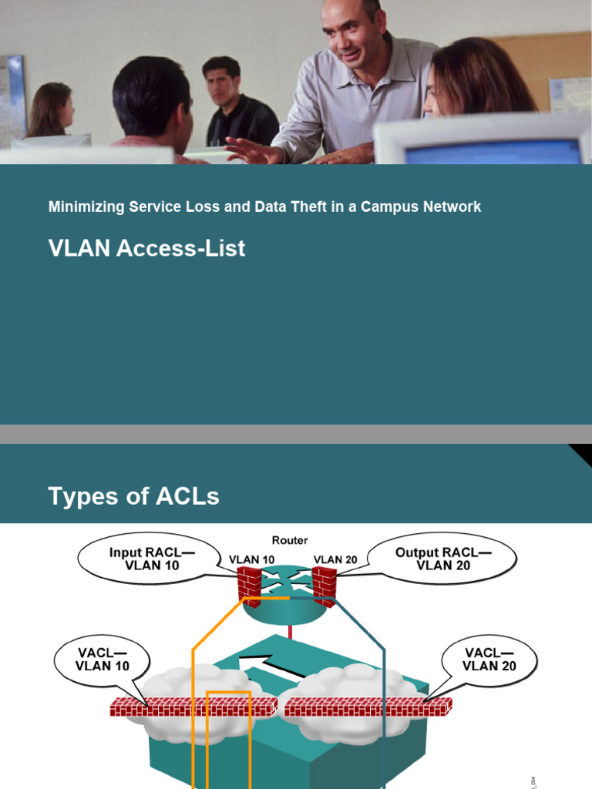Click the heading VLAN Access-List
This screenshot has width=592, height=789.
click(146, 248)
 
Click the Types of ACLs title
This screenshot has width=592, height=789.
click(133, 497)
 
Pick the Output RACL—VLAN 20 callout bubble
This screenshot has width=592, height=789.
click(442, 559)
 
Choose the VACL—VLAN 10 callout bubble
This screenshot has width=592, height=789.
click(103, 660)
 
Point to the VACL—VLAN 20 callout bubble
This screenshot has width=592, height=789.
click(489, 660)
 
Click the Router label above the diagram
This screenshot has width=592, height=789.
click(289, 540)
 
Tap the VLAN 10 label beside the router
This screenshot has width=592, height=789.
click(251, 559)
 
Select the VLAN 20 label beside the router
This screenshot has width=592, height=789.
click(335, 559)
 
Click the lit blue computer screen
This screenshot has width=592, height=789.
click(493, 152)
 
